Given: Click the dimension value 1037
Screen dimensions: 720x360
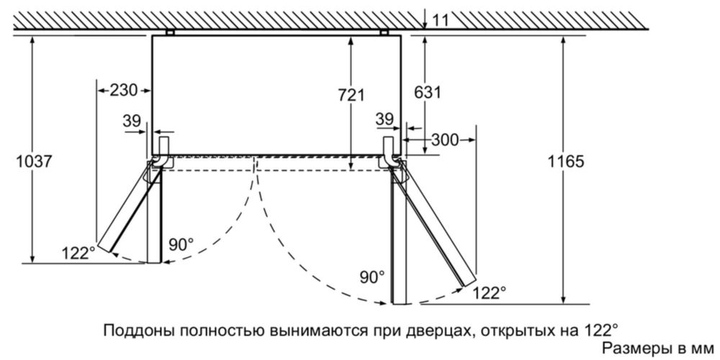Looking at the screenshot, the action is click(35, 161).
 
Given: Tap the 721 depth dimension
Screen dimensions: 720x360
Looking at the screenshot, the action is click(351, 95).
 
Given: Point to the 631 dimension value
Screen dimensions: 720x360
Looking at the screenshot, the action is click(428, 92).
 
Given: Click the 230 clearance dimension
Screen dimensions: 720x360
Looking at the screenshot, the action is click(124, 90).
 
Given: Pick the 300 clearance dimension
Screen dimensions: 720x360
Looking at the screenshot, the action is click(445, 140).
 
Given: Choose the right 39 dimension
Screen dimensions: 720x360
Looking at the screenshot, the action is click(384, 120).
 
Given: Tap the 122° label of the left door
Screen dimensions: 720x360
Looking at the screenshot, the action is click(78, 253).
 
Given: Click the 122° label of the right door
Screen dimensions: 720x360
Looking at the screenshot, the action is click(490, 292).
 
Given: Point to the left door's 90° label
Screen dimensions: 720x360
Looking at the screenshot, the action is click(181, 244).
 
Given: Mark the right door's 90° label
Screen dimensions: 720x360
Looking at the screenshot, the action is click(372, 277).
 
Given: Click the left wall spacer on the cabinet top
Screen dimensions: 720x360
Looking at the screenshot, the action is click(170, 32).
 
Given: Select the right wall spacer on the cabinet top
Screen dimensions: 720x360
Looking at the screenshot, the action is click(384, 32).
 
